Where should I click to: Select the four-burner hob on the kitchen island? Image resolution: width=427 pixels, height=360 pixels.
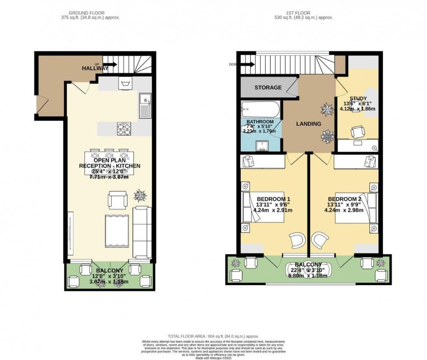coord(123,128)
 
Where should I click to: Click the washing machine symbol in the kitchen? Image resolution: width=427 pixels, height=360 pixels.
coord(124,83)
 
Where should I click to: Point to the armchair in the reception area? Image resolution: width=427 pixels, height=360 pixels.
coord(117,199)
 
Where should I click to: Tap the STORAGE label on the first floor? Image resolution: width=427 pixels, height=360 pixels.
coord(268,88)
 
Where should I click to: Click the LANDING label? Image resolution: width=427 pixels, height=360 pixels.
coord(309,124)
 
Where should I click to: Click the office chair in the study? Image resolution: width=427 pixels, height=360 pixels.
coord(357,132)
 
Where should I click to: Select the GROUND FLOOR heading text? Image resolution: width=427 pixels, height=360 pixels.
coord(87,13)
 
